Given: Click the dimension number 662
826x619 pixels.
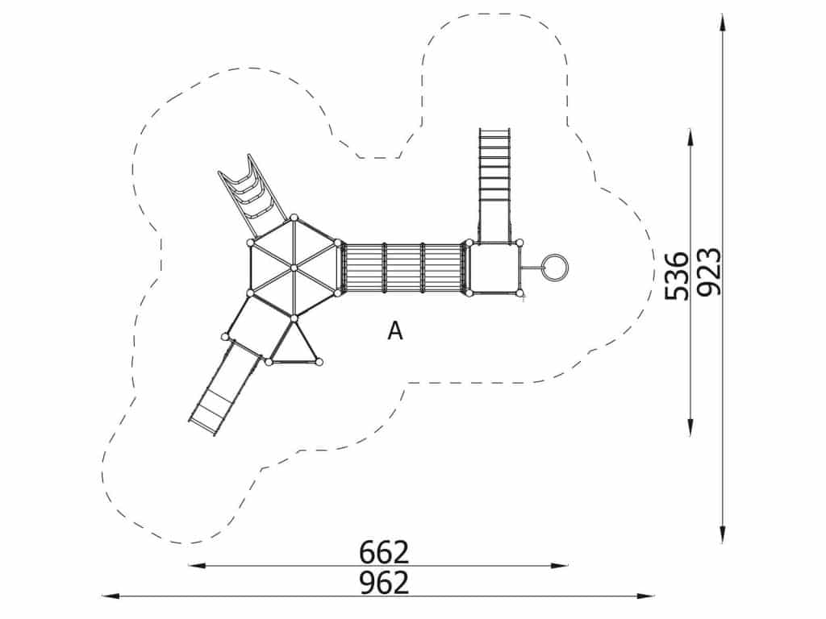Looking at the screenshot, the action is click(383, 552).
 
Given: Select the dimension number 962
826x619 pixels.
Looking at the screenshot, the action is click(383, 582).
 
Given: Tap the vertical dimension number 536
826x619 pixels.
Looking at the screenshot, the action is click(677, 276).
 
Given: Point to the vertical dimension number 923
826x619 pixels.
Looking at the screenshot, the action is click(708, 271).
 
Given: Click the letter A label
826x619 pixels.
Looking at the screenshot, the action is click(395, 330).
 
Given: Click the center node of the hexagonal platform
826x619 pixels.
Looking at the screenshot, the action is click(294, 268).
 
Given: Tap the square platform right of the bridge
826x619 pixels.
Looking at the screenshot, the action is click(494, 268).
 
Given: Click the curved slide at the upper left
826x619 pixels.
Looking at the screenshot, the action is click(251, 194).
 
